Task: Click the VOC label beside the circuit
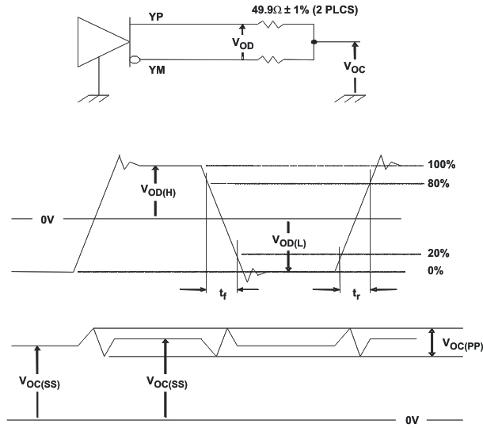358,68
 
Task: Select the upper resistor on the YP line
276,24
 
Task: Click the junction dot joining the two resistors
314,41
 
